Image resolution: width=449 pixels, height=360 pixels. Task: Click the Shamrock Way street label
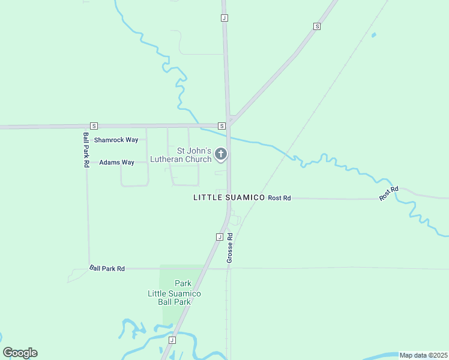point(116,140)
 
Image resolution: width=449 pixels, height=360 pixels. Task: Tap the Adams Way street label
point(116,162)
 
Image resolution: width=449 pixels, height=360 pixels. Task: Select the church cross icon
point(221,155)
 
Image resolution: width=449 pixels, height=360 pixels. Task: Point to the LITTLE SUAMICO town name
point(229,197)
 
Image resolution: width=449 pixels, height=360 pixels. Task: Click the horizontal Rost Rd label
point(279,197)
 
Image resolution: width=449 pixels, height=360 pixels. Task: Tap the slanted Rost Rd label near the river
point(389,193)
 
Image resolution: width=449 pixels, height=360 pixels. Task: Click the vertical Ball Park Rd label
point(86,149)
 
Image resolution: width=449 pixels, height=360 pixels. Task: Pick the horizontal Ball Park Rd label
point(107,269)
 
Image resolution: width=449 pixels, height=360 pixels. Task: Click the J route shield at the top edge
point(224,18)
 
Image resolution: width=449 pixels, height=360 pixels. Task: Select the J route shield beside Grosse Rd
point(219,237)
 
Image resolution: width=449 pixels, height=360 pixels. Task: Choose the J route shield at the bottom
point(172,340)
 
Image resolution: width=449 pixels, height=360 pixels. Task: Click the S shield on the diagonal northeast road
point(316,26)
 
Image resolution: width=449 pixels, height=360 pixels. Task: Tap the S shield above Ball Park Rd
point(94,126)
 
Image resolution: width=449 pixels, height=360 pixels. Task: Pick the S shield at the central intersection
point(221,126)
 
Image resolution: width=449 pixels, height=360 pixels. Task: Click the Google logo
point(20,353)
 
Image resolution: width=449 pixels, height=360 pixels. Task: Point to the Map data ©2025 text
point(423,355)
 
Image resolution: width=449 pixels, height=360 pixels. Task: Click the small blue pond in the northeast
point(373,35)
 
